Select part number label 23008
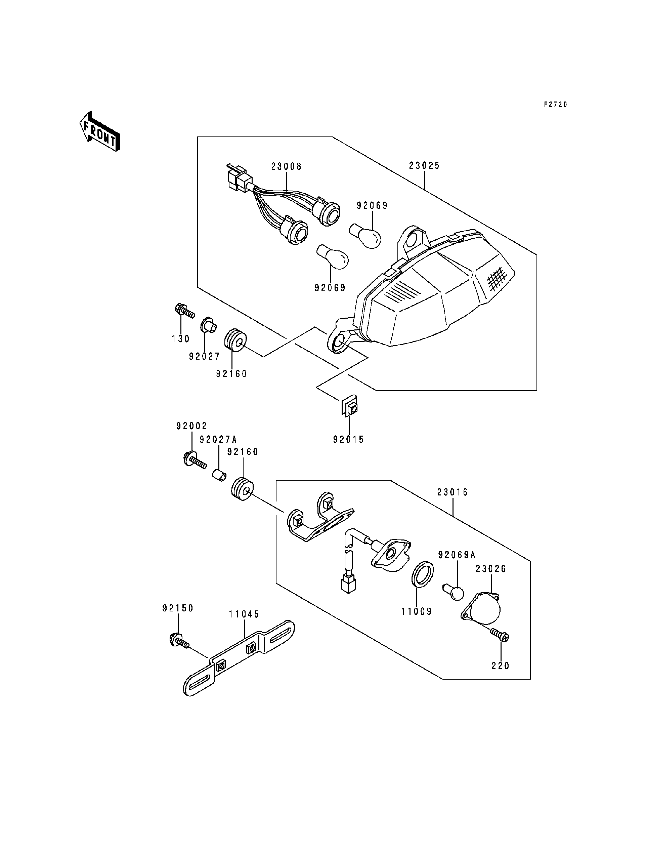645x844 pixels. pyautogui.click(x=287, y=167)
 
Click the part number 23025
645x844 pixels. pyautogui.click(x=424, y=166)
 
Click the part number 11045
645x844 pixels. pyautogui.click(x=244, y=614)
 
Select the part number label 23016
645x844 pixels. pyautogui.click(x=452, y=492)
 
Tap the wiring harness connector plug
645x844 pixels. pyautogui.click(x=239, y=178)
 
